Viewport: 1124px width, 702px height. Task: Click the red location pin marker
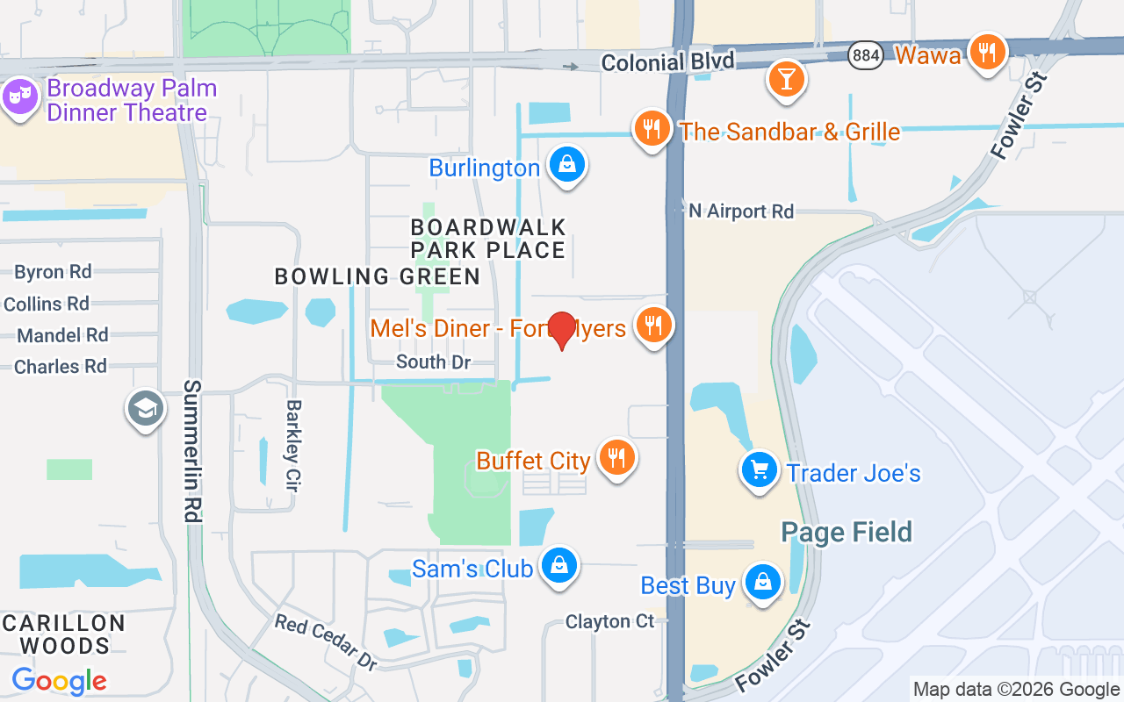point(561,330)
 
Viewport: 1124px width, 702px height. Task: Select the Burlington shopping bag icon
point(567,165)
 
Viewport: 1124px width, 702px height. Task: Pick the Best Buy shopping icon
point(762,582)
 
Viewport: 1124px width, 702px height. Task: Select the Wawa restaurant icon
point(988,53)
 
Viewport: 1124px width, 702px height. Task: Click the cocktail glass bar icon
point(786,78)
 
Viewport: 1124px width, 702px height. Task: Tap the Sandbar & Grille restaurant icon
point(652,130)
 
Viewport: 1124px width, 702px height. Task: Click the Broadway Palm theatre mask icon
point(18,96)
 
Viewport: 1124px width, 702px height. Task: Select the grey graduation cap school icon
point(145,408)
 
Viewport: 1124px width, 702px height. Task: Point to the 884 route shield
point(866,55)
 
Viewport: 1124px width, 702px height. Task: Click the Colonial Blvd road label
point(667,62)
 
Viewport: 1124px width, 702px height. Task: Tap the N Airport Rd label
point(741,211)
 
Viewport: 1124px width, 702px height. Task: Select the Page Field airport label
point(847,532)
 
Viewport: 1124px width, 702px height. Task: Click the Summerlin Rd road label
point(193,451)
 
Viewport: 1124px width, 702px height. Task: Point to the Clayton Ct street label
point(609,621)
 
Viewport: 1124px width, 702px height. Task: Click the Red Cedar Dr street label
point(326,641)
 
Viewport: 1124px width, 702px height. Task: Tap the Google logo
point(59,680)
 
